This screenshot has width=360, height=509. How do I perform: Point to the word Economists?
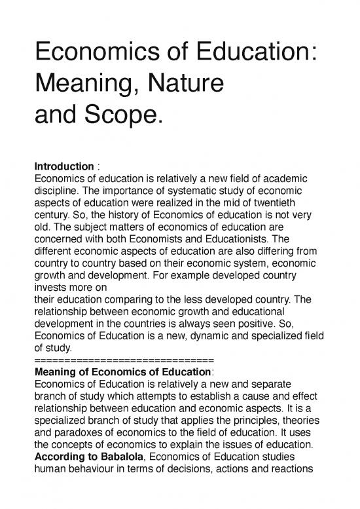coord(185,241)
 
